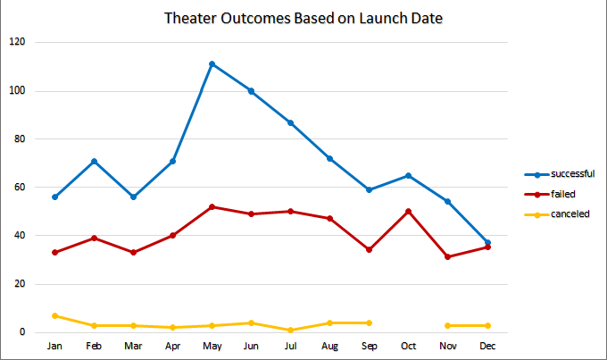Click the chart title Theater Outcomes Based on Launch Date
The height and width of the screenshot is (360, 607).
(x=303, y=19)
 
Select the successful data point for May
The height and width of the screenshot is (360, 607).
(x=212, y=64)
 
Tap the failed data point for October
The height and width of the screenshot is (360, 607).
(x=407, y=212)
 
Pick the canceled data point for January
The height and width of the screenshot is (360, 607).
(x=55, y=315)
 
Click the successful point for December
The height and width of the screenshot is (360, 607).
(x=486, y=243)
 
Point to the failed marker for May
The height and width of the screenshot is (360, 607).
(x=212, y=206)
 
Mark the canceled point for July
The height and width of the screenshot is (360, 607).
(x=290, y=330)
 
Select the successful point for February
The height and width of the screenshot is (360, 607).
(x=95, y=161)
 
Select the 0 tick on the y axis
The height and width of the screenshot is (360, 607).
(x=24, y=332)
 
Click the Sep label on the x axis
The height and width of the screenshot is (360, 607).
(x=369, y=345)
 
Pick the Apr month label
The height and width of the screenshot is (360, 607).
(x=172, y=345)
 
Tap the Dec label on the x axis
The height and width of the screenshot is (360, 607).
(x=486, y=345)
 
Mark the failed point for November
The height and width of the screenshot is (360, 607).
(x=447, y=257)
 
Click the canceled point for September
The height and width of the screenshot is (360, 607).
(x=369, y=322)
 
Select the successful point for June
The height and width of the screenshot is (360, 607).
(x=251, y=91)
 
